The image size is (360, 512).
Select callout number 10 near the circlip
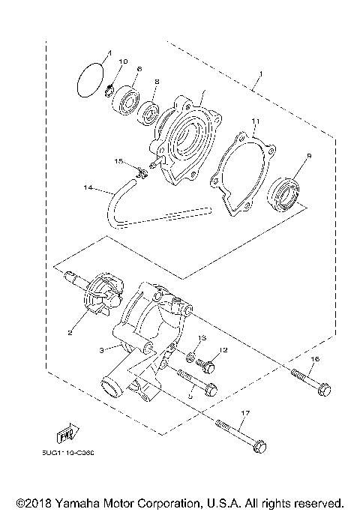click(124, 61)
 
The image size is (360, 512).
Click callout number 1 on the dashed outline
click(259, 76)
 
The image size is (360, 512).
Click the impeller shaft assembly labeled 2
click(98, 298)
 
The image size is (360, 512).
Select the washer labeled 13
click(192, 355)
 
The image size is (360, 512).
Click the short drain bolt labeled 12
click(209, 367)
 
